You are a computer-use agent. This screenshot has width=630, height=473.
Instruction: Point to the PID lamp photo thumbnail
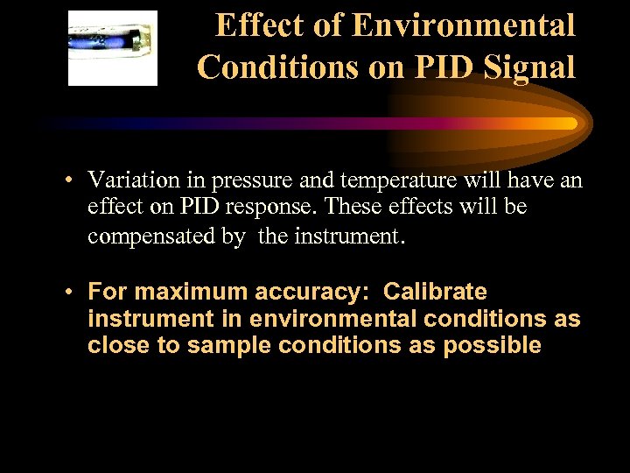pyautogui.click(x=113, y=48)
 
